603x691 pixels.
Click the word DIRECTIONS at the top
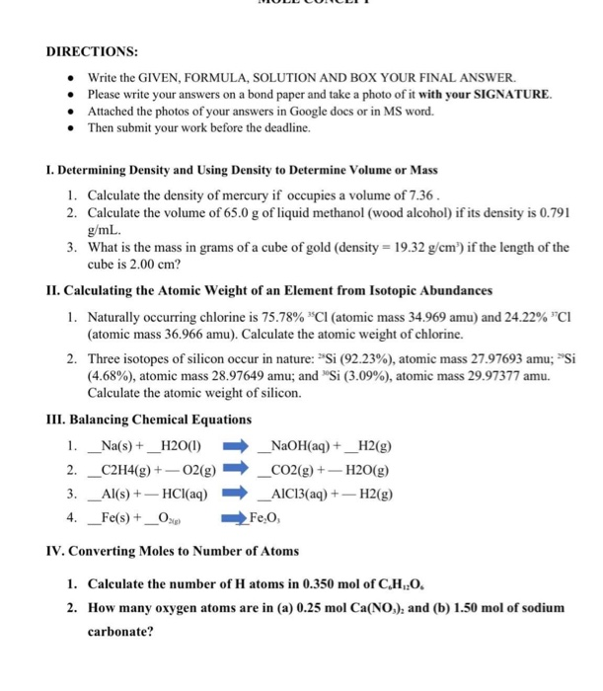click(x=92, y=50)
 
